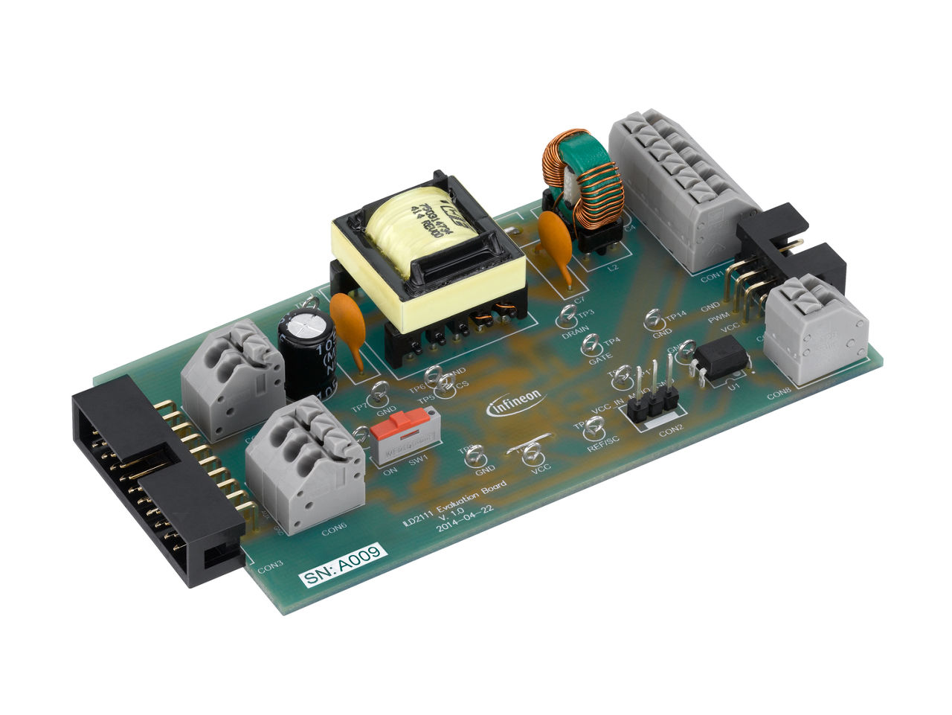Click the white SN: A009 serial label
pos(344,566)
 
